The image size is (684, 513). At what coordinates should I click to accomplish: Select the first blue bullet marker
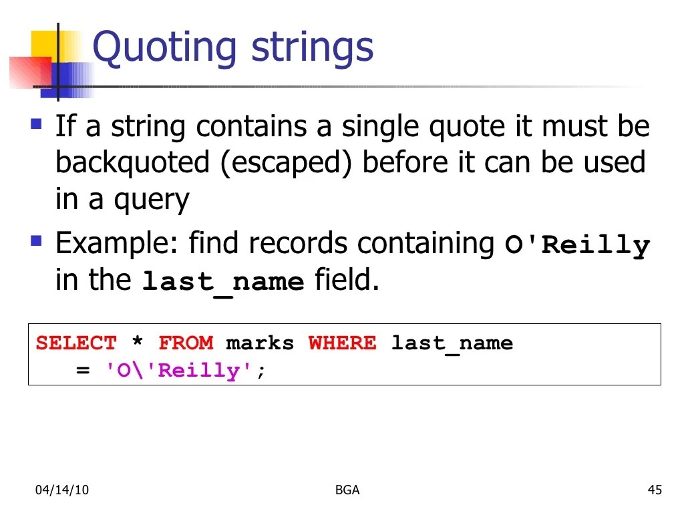pos(37,124)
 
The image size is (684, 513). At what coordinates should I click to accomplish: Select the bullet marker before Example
pos(37,239)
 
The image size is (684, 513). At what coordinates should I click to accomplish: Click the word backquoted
pos(132,163)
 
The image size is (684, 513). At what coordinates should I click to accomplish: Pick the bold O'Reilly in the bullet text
pos(577,245)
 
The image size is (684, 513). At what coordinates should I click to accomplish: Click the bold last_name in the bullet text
pos(223,282)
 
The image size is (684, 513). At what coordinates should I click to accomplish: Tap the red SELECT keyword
pos(76,343)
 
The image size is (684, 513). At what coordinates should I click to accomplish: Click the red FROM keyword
pos(186,343)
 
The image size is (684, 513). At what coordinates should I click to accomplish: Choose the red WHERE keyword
pos(342,343)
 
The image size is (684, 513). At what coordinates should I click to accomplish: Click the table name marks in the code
pos(260,343)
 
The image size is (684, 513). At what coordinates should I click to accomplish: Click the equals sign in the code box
pos(83,371)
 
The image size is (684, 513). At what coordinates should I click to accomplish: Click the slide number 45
pos(655,490)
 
